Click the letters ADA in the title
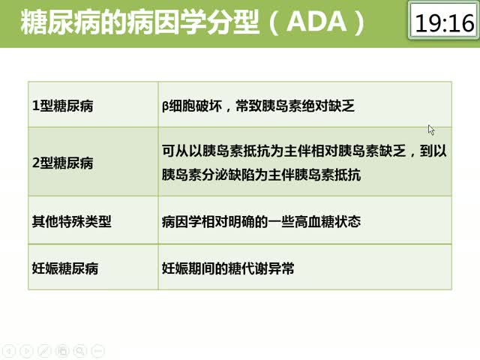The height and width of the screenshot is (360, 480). [316, 22]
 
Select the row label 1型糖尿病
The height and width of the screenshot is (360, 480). [63, 106]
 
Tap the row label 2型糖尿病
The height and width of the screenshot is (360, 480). [63, 163]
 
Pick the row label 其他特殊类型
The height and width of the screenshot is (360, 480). [72, 221]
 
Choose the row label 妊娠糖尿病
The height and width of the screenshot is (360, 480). [65, 268]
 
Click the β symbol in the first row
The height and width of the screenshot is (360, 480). [165, 106]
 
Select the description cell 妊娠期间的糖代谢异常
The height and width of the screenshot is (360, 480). [228, 268]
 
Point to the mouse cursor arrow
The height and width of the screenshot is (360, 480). [431, 130]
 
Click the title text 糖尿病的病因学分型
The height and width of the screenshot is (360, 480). [139, 22]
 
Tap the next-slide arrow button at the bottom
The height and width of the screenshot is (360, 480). [26, 351]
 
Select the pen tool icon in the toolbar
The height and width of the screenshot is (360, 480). [44, 351]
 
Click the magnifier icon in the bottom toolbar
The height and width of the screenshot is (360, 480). [80, 351]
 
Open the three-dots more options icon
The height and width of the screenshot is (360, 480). [98, 351]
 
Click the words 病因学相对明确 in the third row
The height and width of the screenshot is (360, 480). [208, 221]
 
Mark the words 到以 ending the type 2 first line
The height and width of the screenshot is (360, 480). [433, 151]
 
